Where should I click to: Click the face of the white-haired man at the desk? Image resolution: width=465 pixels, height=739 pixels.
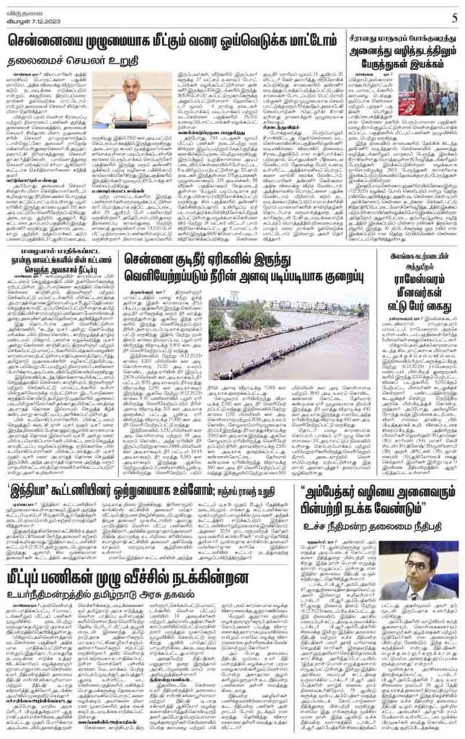[x=129, y=87]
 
